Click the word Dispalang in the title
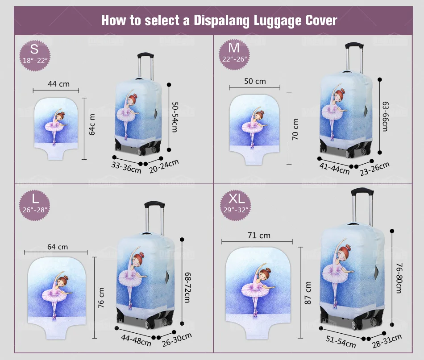point(221,21)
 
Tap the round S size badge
point(35,56)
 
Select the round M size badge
point(234,54)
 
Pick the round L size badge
point(35,205)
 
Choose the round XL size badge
point(236,205)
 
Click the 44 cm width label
point(58,84)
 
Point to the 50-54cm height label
point(175,117)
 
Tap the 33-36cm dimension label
point(126,168)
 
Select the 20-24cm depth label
point(164,166)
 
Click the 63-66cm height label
point(385,116)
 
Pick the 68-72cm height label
point(187,287)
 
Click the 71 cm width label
point(259,236)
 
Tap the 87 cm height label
point(308,293)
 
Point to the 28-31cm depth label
point(387,341)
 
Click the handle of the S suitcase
point(146,66)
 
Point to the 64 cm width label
point(58,247)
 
